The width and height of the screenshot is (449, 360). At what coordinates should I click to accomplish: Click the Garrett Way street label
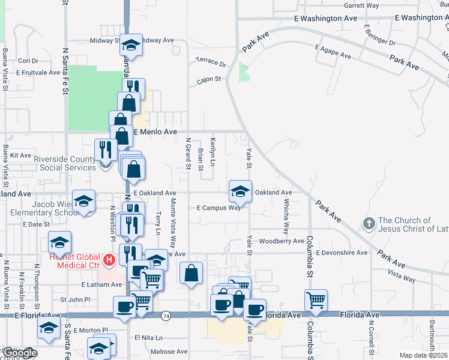[x=362, y=5]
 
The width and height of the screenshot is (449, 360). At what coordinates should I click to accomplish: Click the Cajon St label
[x=209, y=79]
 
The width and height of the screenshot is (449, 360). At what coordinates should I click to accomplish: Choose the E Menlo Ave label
[x=155, y=131]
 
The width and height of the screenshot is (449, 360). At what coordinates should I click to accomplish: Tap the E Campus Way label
[x=218, y=208]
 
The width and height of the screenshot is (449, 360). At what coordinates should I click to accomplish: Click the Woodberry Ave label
[x=282, y=241]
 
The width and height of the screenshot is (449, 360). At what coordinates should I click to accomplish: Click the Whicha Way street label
[x=286, y=217]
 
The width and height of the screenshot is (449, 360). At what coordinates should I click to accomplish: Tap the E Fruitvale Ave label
[x=38, y=73]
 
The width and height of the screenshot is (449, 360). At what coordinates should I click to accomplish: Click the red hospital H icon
[x=109, y=260]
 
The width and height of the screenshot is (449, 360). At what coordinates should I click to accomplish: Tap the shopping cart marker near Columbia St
[x=316, y=299]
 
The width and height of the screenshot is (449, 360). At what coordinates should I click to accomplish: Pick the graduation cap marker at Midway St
[x=131, y=45]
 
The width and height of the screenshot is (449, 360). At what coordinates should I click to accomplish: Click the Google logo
[x=19, y=353]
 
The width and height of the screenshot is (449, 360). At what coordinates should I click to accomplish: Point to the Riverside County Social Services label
[x=64, y=163]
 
